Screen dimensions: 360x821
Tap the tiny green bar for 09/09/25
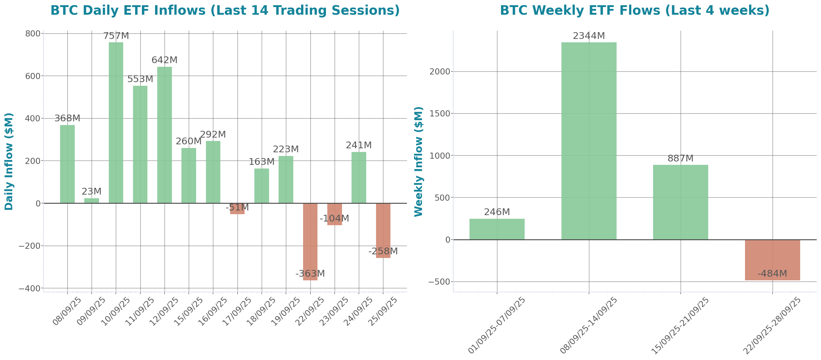pyautogui.click(x=91, y=201)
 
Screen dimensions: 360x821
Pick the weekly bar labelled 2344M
pyautogui.click(x=589, y=141)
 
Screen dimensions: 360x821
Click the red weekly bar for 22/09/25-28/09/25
pyautogui.click(x=772, y=260)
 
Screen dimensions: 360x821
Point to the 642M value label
pyautogui.click(x=165, y=60)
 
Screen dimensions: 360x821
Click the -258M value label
pyautogui.click(x=383, y=251)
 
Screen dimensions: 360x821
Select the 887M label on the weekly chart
pyautogui.click(x=680, y=158)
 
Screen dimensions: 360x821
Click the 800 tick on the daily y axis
pyautogui.click(x=32, y=33)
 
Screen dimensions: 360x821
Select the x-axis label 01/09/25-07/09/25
pyautogui.click(x=497, y=325)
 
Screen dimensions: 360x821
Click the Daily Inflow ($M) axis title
pyautogui.click(x=9, y=161)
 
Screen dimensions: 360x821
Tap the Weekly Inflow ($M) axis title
pyautogui.click(x=418, y=161)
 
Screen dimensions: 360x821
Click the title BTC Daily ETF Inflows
pyautogui.click(x=225, y=10)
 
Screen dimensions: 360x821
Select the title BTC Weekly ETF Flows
pyautogui.click(x=635, y=10)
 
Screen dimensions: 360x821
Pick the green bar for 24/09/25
pyautogui.click(x=359, y=177)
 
